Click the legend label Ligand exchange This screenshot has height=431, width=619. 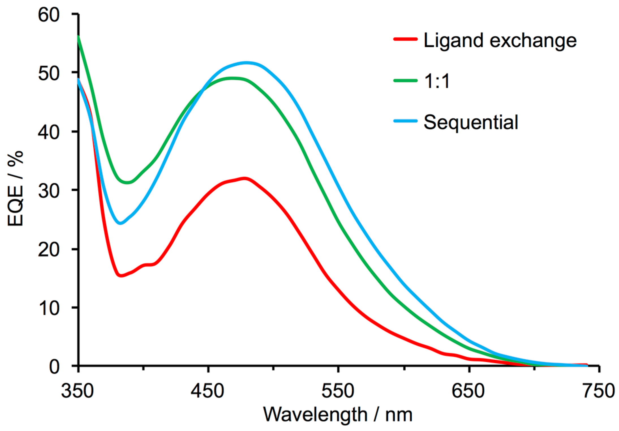click(x=500, y=41)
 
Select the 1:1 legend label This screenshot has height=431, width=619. click(x=437, y=82)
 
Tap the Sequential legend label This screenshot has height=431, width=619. click(x=471, y=122)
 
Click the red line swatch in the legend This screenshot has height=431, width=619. click(x=405, y=39)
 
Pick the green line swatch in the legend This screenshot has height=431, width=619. click(x=405, y=80)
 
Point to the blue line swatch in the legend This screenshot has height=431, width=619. click(x=405, y=121)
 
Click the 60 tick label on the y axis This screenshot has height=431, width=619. click(x=49, y=15)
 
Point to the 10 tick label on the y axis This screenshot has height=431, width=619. click(x=49, y=308)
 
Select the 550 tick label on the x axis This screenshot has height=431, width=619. click(x=338, y=391)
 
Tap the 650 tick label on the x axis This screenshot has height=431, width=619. click(x=468, y=391)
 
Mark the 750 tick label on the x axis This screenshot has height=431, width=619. click(x=599, y=391)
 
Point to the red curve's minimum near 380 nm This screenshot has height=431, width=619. click(x=121, y=275)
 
